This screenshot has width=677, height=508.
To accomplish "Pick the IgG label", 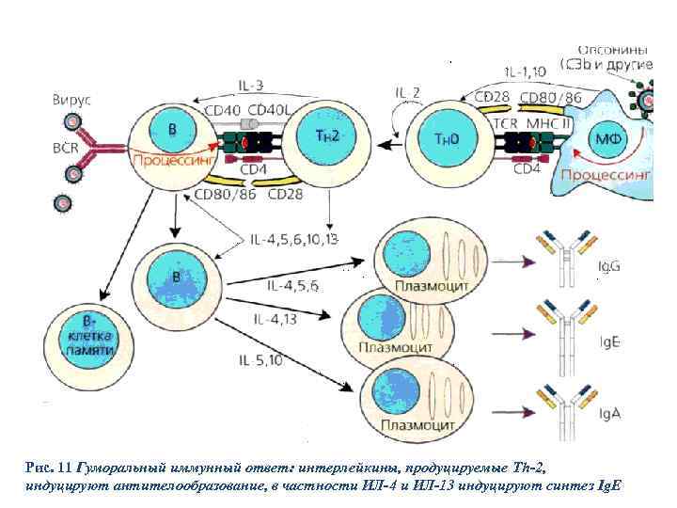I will pyautogui.click(x=609, y=268).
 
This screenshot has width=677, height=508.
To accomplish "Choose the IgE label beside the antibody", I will pyautogui.click(x=609, y=341).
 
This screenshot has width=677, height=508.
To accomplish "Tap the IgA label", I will pyautogui.click(x=609, y=409).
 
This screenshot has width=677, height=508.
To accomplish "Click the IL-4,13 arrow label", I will pyautogui.click(x=275, y=319).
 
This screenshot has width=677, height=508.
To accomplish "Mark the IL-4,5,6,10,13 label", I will pyautogui.click(x=296, y=240).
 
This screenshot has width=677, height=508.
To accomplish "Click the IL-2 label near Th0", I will pyautogui.click(x=407, y=92).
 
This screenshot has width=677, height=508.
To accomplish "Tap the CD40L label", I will pyautogui.click(x=268, y=109).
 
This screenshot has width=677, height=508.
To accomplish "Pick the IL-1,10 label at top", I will pyautogui.click(x=524, y=71).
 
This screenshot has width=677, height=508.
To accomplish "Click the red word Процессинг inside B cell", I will pyautogui.click(x=165, y=160).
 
